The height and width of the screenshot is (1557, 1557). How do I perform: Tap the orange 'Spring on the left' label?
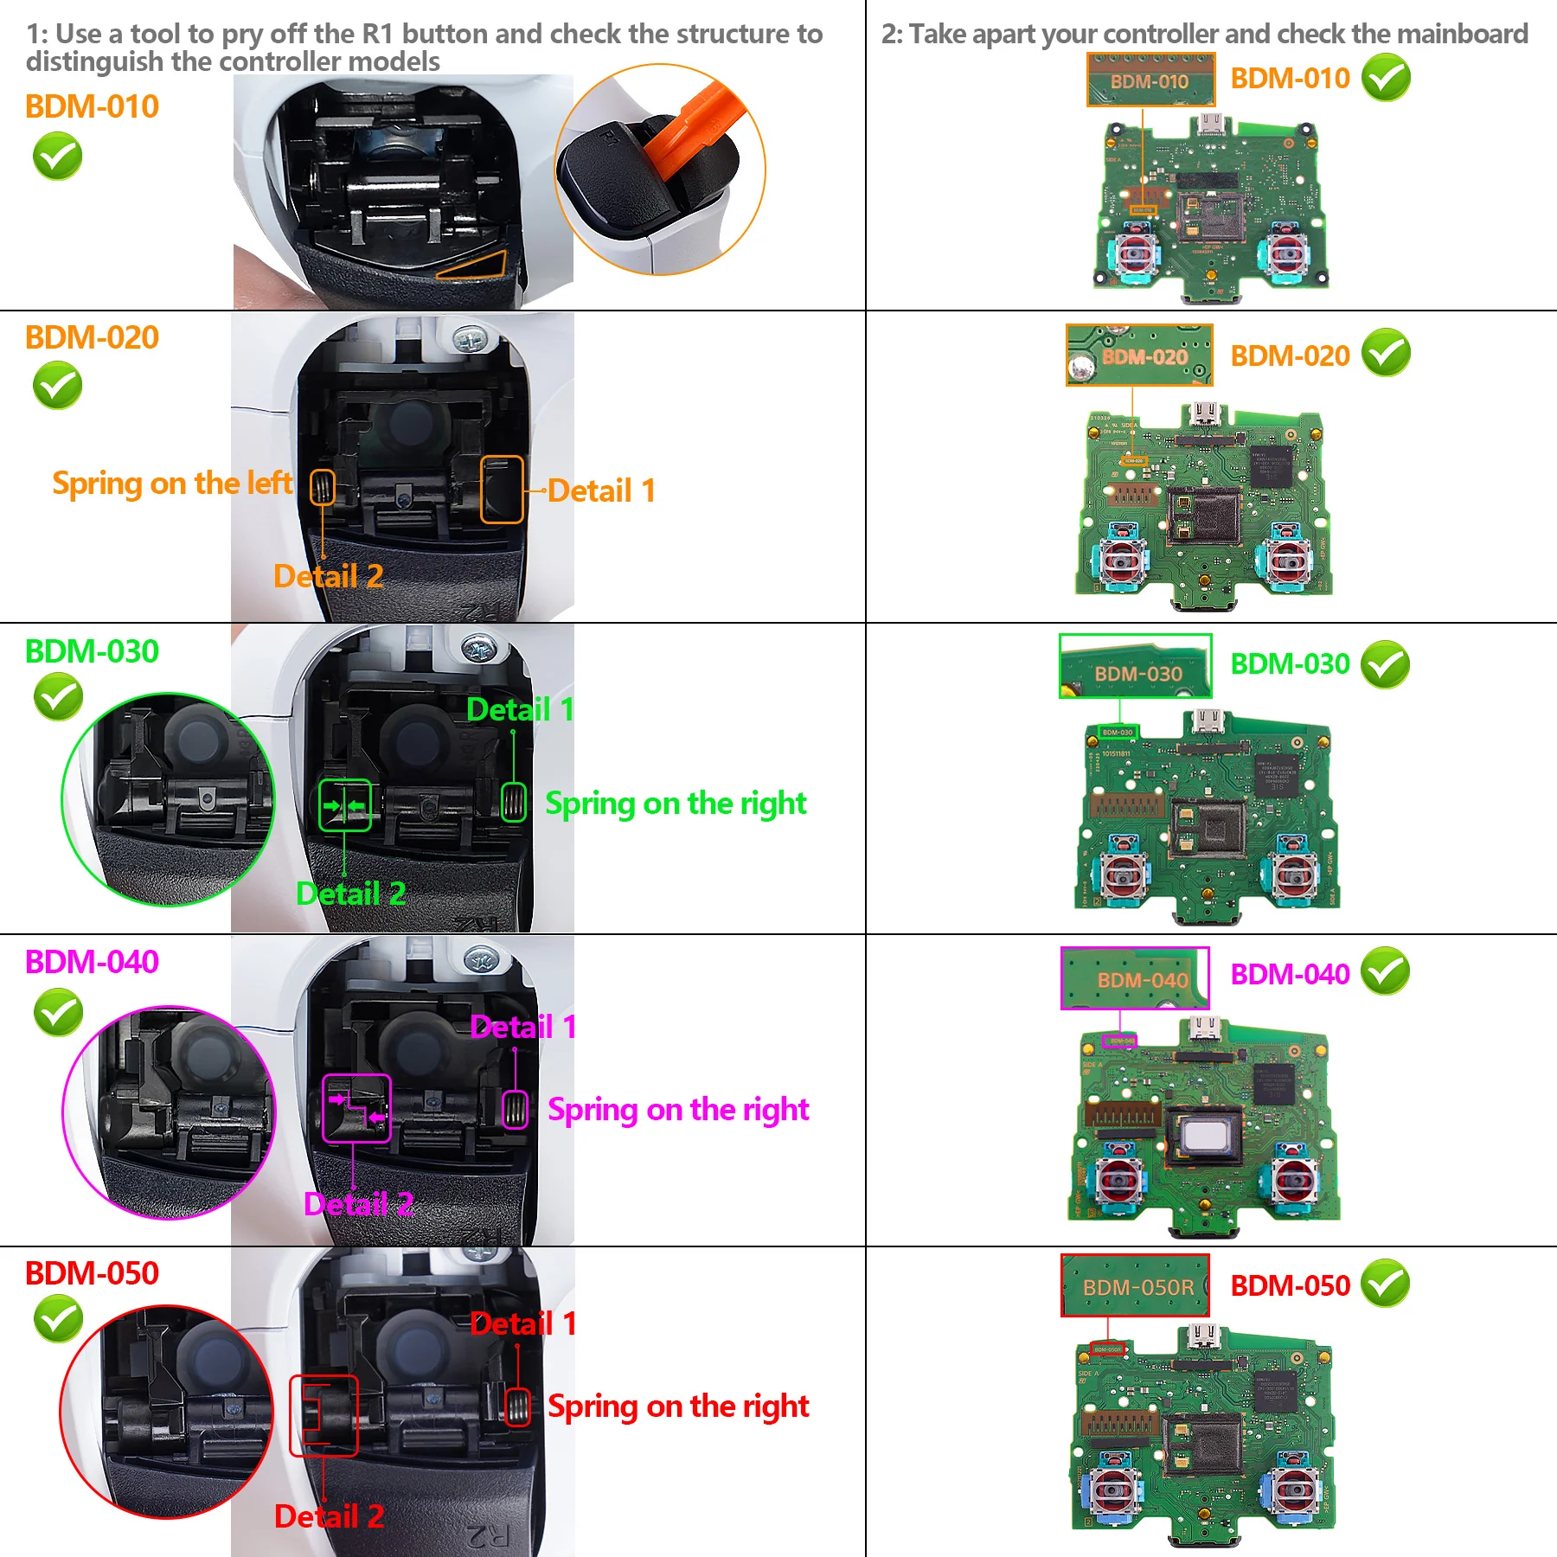[x=171, y=484]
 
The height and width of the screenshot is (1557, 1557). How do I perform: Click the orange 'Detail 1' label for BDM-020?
[x=601, y=491]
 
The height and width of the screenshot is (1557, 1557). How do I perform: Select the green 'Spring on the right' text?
[x=675, y=804]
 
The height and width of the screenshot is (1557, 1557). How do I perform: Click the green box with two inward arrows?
[x=344, y=806]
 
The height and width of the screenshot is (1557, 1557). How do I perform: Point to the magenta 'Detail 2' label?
[x=358, y=1204]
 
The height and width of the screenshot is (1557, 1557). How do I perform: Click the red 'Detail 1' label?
[x=522, y=1324]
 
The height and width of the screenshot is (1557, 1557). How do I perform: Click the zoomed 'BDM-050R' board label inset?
[x=1135, y=1286]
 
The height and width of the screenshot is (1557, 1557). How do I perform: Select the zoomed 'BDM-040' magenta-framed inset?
[x=1135, y=978]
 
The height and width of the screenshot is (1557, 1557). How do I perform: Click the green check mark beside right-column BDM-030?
[x=1385, y=664]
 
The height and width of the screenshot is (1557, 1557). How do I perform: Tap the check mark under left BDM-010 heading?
[x=57, y=157]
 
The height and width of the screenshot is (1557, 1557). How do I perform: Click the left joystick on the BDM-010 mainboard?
[x=1133, y=253]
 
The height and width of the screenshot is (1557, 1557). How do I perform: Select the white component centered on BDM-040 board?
[x=1204, y=1135]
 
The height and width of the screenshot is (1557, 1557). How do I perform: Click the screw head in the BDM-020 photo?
[x=470, y=340]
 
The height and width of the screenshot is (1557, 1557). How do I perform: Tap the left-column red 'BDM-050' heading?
[x=92, y=1273]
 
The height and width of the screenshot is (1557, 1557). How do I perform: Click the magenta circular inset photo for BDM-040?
[x=169, y=1112]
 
